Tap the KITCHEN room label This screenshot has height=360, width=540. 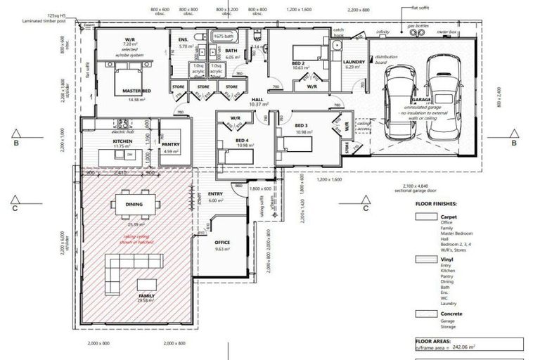point(112,140)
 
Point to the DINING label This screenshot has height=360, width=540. point(134,205)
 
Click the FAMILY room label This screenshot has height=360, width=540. point(146,296)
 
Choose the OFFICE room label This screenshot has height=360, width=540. point(222,242)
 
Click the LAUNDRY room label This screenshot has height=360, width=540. point(354,62)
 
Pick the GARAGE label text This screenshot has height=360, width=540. point(422,100)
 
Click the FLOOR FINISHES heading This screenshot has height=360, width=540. point(440,203)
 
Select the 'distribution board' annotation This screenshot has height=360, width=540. point(385,59)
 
